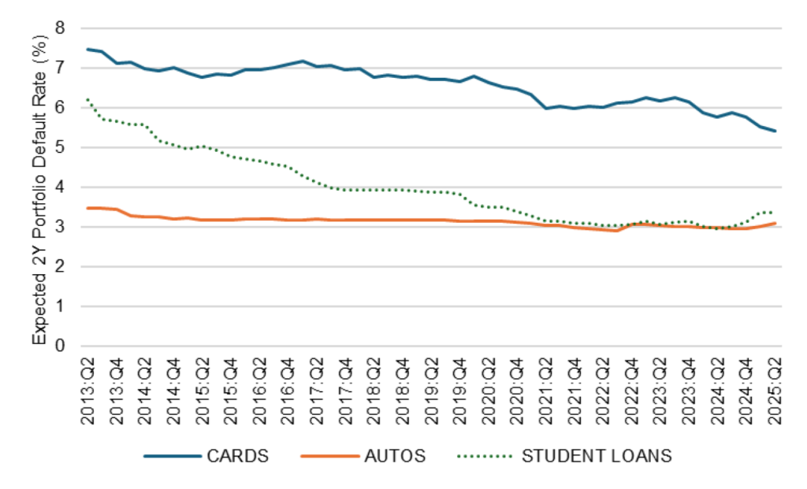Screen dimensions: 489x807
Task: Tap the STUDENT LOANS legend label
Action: pyautogui.click(x=597, y=456)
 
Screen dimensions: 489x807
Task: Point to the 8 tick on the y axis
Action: pyautogui.click(x=60, y=28)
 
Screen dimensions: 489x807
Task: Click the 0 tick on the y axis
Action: pyautogui.click(x=60, y=346)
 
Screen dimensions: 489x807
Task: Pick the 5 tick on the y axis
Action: pyautogui.click(x=60, y=148)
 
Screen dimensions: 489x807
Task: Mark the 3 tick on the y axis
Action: pyautogui.click(x=60, y=228)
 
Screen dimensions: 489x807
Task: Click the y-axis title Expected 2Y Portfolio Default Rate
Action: pyautogui.click(x=39, y=187)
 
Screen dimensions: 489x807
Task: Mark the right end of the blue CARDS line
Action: pyautogui.click(x=775, y=131)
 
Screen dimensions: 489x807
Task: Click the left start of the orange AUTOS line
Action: pyautogui.click(x=87, y=208)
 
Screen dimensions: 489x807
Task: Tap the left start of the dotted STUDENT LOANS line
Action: pyautogui.click(x=87, y=100)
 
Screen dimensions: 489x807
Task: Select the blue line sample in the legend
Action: pyautogui.click(x=170, y=456)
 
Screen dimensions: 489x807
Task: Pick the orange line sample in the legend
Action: pyautogui.click(x=328, y=456)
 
